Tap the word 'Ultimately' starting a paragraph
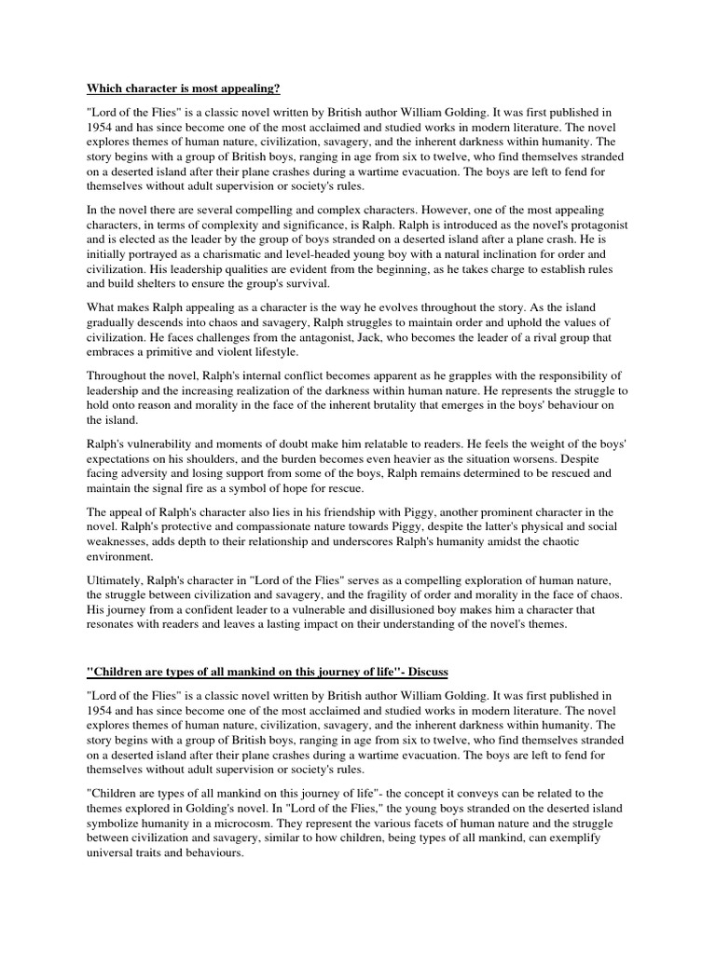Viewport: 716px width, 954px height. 118,580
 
